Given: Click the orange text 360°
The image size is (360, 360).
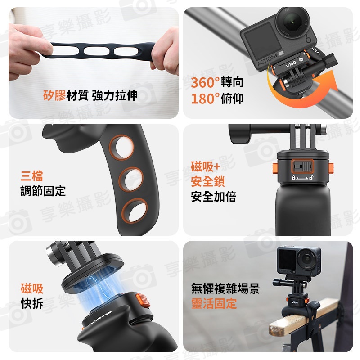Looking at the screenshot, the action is (x=205, y=83).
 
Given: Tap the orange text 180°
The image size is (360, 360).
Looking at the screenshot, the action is (x=205, y=99).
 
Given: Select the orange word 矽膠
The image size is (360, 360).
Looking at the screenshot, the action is (x=54, y=95).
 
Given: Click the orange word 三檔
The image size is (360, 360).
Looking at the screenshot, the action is (x=31, y=176).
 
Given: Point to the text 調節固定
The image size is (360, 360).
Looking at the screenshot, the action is (x=43, y=191).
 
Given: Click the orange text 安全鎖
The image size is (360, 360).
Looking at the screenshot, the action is (x=208, y=181).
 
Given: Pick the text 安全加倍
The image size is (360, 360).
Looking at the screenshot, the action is (x=213, y=197).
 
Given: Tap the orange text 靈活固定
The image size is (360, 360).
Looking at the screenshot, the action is (x=214, y=303).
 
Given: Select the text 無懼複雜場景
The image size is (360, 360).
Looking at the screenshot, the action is (x=225, y=288).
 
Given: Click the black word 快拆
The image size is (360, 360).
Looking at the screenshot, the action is (x=32, y=303).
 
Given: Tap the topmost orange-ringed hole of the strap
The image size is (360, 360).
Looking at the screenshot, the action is (x=121, y=148).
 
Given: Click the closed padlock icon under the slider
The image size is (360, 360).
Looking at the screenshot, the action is (x=293, y=177).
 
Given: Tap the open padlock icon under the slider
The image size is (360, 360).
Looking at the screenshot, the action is (x=311, y=177).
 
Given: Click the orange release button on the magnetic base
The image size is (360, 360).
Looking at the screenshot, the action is (x=143, y=300).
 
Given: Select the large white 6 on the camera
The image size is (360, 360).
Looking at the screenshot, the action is (x=308, y=39).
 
